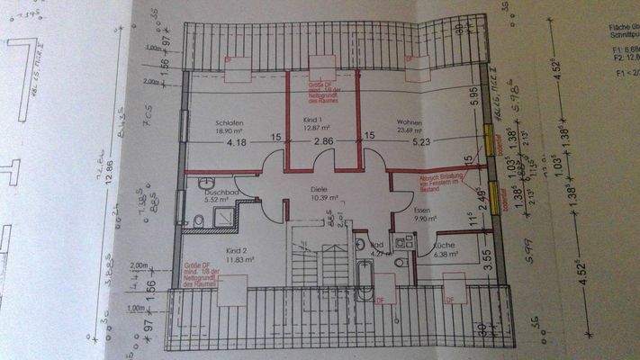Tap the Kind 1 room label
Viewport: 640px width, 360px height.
312,120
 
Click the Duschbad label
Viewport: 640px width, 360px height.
221,193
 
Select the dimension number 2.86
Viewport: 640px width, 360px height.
323,142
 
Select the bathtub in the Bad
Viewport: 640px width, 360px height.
365,279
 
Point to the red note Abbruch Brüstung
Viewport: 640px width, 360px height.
437,184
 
